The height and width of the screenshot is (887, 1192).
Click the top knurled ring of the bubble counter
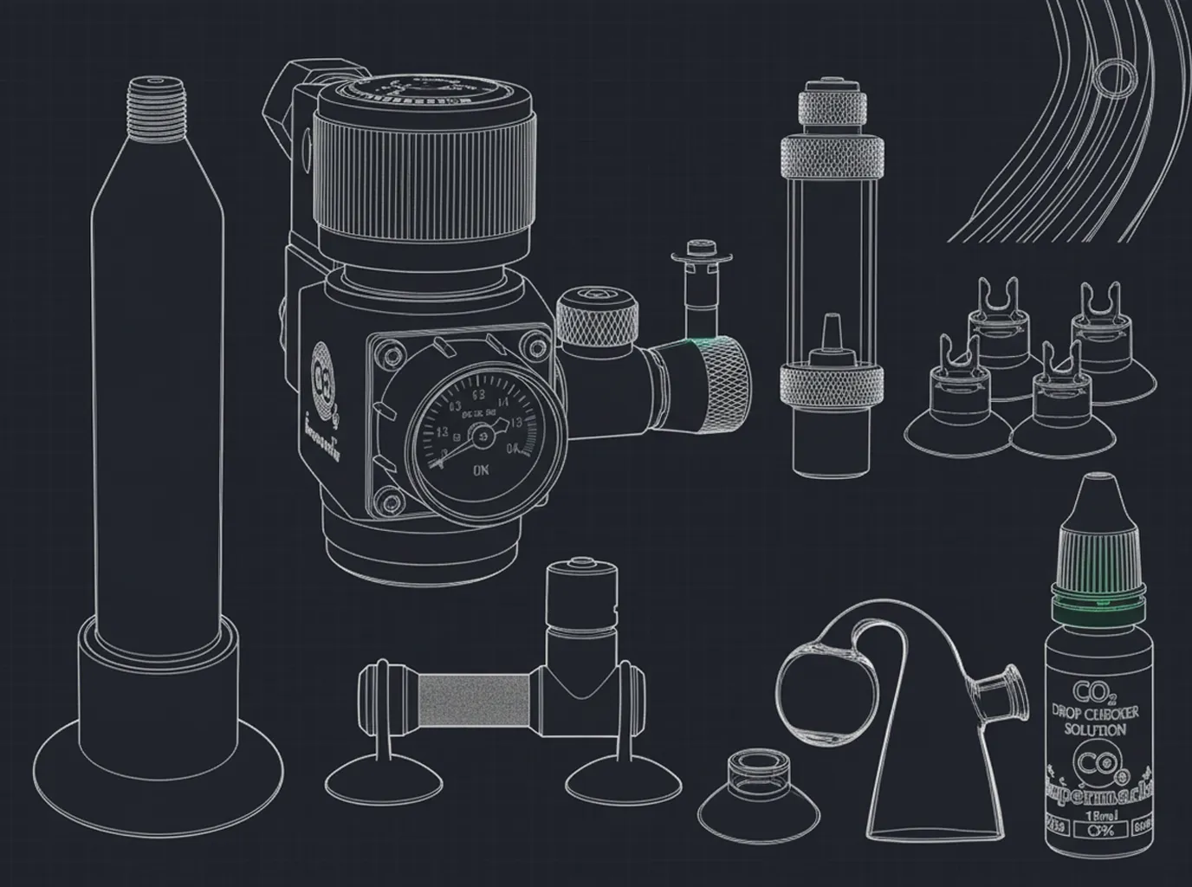pyautogui.click(x=833, y=157)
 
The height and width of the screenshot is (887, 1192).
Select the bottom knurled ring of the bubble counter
pyautogui.click(x=833, y=382)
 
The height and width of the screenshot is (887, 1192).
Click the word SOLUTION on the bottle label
pyautogui.click(x=1096, y=729)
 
